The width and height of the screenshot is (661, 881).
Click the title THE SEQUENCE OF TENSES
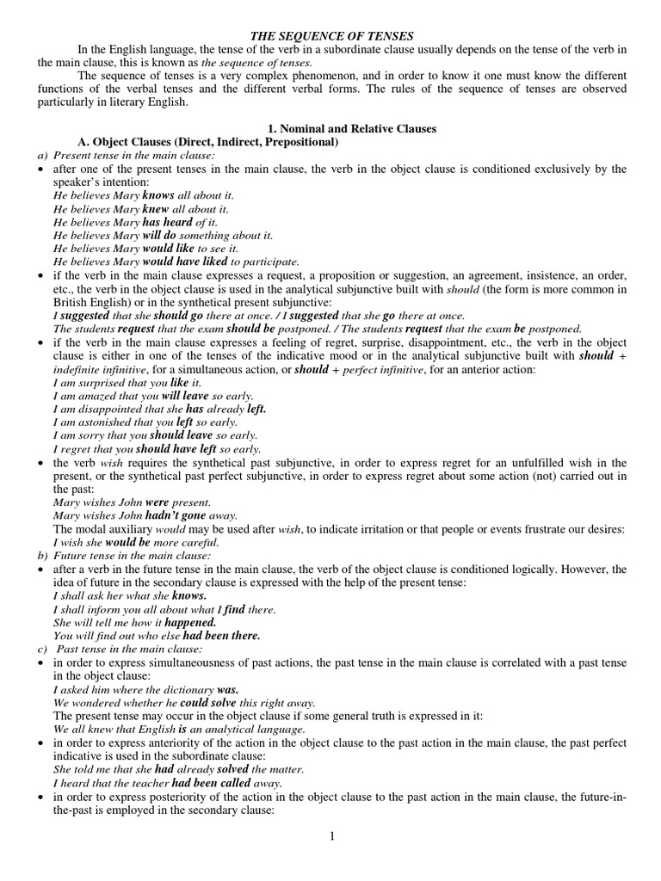click(331, 35)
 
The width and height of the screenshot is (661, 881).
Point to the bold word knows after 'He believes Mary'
click(158, 195)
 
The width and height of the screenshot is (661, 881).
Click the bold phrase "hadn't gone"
click(177, 514)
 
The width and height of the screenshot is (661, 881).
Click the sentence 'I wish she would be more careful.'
click(136, 543)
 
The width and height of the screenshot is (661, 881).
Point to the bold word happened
click(190, 621)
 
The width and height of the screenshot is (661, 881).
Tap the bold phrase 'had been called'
click(211, 784)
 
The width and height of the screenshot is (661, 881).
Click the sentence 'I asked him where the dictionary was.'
click(145, 690)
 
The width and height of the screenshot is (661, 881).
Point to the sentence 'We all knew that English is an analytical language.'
click(179, 729)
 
